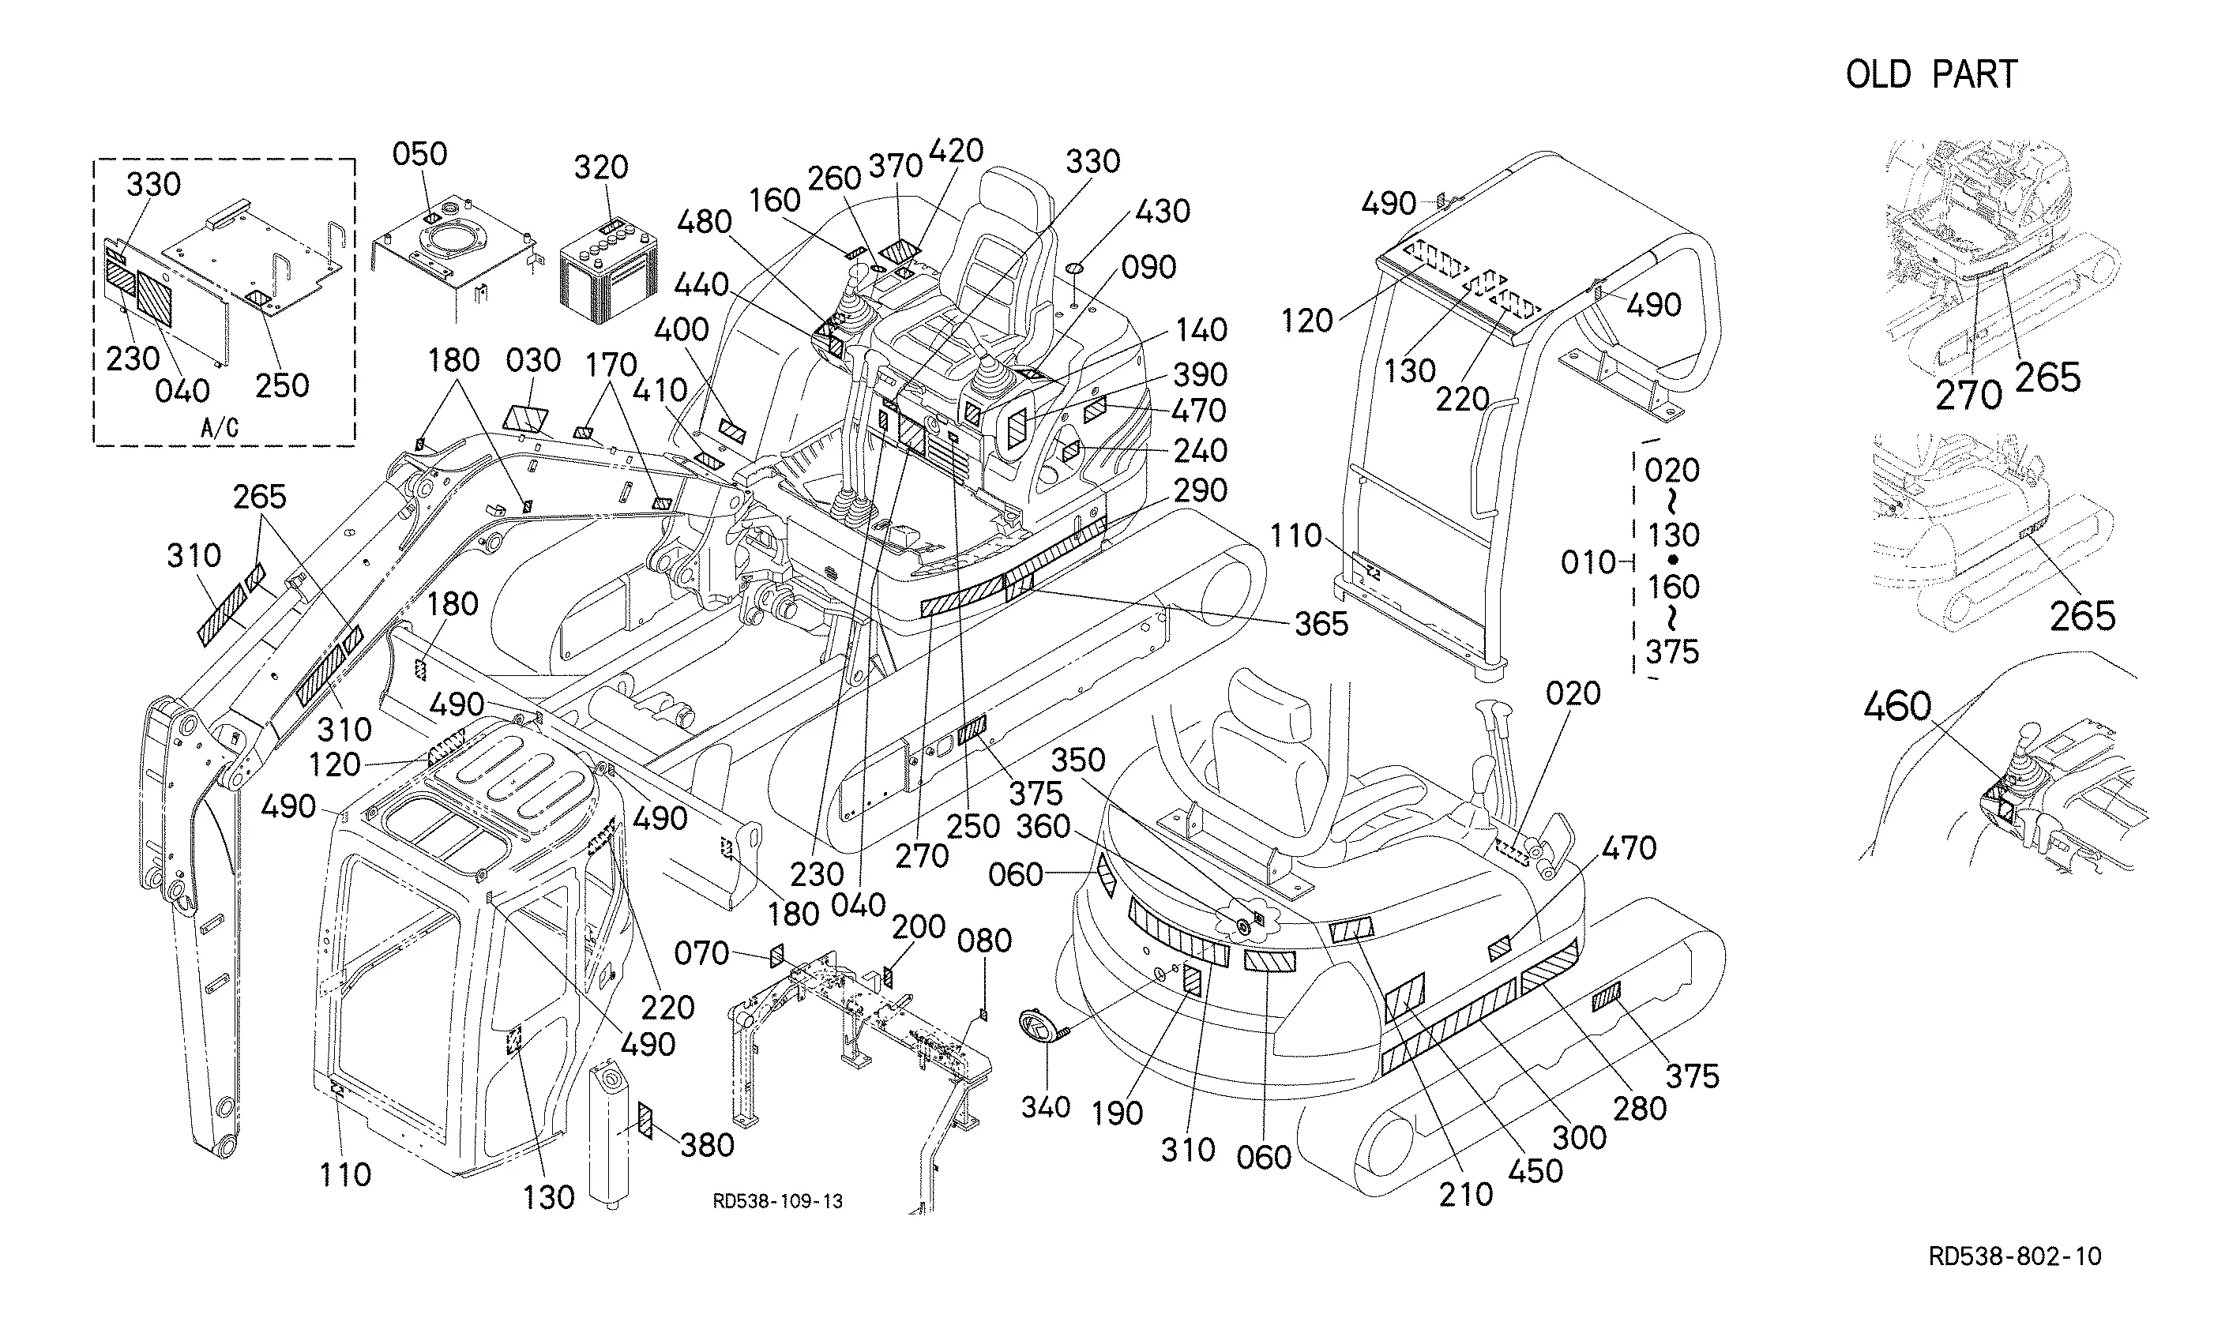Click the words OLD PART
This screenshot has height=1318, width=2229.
(1931, 74)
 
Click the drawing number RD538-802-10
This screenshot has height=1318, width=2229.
(2015, 1256)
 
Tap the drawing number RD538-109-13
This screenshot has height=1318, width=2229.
(778, 1202)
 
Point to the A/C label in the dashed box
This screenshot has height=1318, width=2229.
(220, 428)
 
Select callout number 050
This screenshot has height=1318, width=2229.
(420, 154)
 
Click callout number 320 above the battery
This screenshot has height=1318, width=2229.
(601, 167)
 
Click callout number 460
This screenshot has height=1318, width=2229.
(1898, 707)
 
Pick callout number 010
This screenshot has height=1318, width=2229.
(1588, 562)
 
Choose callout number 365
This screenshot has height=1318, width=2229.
(1321, 625)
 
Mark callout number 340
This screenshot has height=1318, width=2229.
(1045, 1107)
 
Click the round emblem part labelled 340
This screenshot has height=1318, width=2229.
(1034, 1028)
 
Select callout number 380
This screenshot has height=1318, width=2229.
(707, 1146)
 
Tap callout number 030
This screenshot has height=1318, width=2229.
(534, 361)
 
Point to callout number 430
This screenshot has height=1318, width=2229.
(1163, 212)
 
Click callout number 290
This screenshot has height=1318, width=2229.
(1201, 491)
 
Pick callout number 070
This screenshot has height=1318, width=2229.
(701, 954)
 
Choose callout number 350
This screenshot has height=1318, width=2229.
(1079, 760)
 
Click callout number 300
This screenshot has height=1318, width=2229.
(1580, 1138)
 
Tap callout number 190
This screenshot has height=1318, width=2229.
(1117, 1113)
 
